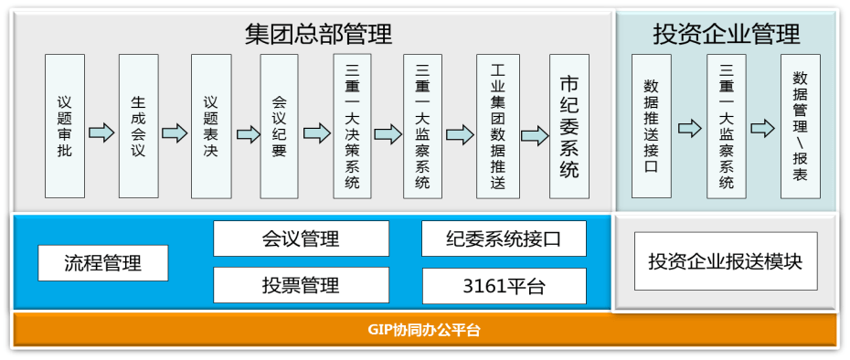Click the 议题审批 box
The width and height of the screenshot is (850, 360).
pyautogui.click(x=65, y=126)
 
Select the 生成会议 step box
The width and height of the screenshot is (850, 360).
pyautogui.click(x=138, y=126)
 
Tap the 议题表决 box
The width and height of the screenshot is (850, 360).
pyautogui.click(x=211, y=126)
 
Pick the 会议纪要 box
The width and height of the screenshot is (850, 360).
pyautogui.click(x=280, y=126)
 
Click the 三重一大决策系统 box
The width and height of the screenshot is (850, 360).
pyautogui.click(x=352, y=126)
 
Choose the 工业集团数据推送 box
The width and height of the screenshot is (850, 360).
pyautogui.click(x=497, y=126)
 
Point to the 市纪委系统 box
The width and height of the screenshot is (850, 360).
pyautogui.click(x=568, y=126)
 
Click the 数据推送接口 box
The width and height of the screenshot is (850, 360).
pyautogui.click(x=651, y=126)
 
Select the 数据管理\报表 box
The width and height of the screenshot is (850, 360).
pyautogui.click(x=800, y=126)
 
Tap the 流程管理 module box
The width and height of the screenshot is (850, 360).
pyautogui.click(x=103, y=263)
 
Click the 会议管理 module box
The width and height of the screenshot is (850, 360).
pyautogui.click(x=301, y=238)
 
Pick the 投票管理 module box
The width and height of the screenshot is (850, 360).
pyautogui.click(x=301, y=285)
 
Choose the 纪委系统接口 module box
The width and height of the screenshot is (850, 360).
pyautogui.click(x=504, y=238)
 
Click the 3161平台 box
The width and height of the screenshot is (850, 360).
pyautogui.click(x=504, y=286)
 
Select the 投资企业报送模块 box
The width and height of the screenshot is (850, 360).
pyautogui.click(x=726, y=261)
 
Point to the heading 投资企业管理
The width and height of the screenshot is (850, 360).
pyautogui.click(x=727, y=34)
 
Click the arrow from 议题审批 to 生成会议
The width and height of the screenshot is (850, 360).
pyautogui.click(x=101, y=133)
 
